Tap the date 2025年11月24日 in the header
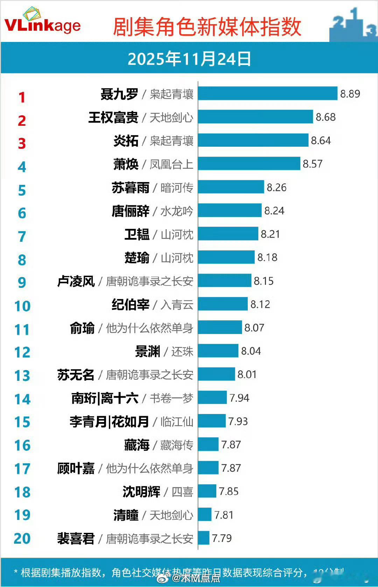(189, 59)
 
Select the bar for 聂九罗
(268, 94)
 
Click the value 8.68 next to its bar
(325, 117)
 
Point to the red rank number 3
(22, 144)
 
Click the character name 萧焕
(126, 164)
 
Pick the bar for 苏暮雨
(231, 187)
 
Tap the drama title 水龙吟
(177, 211)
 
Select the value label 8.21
(270, 234)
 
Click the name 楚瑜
(137, 258)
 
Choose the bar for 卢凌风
(225, 281)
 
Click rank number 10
(22, 306)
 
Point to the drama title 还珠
(182, 352)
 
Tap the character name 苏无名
(76, 375)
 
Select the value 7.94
(239, 398)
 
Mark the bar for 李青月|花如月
(212, 421)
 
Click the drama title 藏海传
(177, 445)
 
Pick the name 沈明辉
(141, 492)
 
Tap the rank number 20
(22, 538)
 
